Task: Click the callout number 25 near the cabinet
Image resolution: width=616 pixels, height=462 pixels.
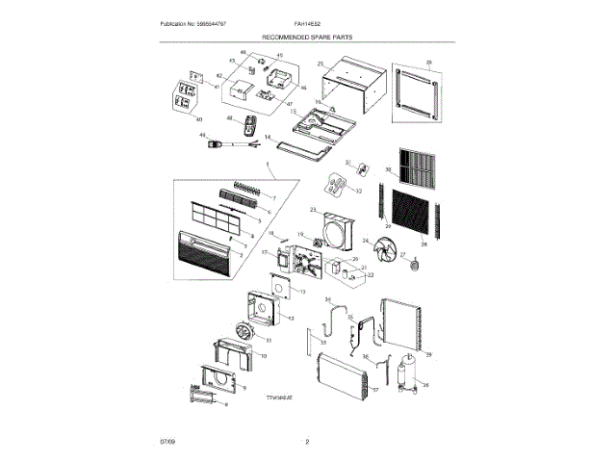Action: coord(319,64)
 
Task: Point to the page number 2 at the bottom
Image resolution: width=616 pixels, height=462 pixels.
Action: coord(307,441)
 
